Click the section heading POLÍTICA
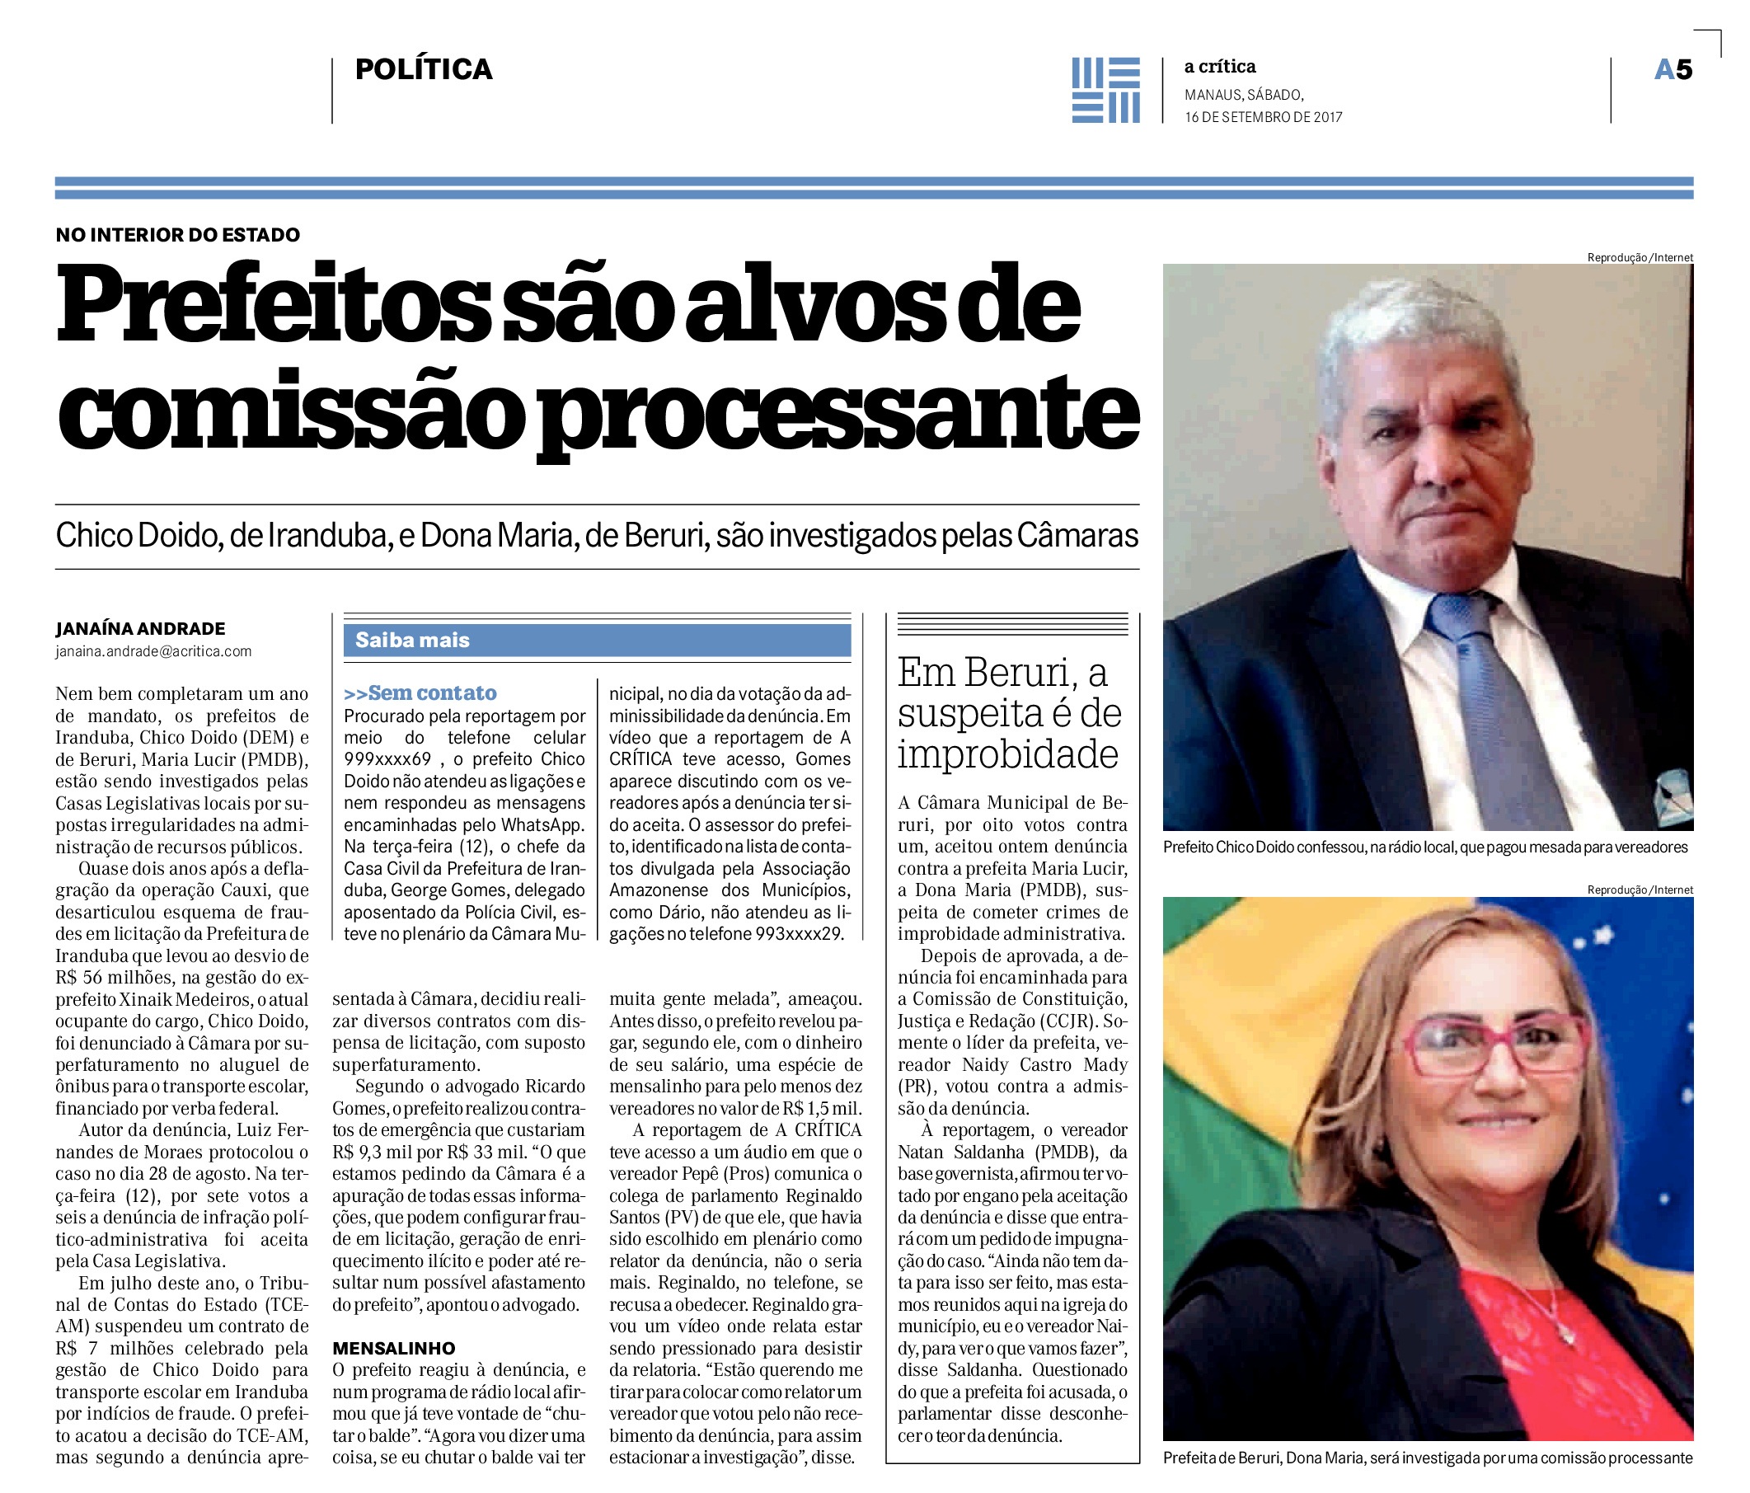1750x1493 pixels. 423,69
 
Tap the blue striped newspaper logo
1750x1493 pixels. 1105,90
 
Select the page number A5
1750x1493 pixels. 1673,69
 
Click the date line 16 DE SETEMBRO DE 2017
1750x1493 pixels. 1263,117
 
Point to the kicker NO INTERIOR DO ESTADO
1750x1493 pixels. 177,235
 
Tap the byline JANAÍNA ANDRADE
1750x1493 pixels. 140,629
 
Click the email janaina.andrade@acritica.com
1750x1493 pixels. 153,651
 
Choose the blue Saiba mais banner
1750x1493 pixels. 596,641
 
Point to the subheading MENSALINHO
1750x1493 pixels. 393,1348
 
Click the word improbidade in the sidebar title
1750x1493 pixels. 1007,754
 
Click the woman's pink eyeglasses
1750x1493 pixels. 1497,1045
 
